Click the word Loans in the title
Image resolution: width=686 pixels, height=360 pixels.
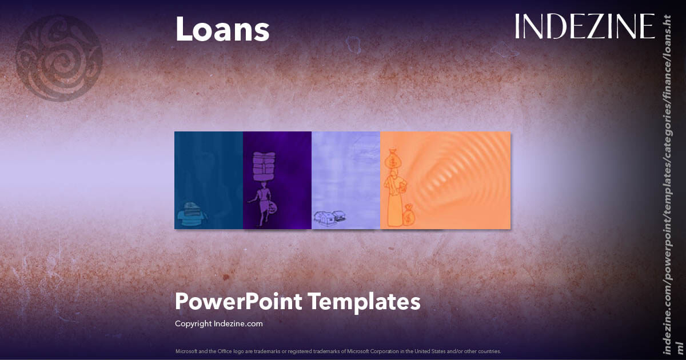coord(222,30)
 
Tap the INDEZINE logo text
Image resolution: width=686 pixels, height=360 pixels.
coord(584,26)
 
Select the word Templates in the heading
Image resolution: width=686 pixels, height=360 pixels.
coord(365,301)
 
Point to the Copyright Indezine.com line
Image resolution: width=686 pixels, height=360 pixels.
coord(219,323)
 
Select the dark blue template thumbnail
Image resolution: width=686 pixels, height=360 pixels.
coord(209,180)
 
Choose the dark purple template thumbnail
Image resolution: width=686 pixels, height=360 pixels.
coord(277,180)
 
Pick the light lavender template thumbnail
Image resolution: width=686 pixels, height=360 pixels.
coord(346,180)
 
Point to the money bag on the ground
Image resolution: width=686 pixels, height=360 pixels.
coord(409,215)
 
